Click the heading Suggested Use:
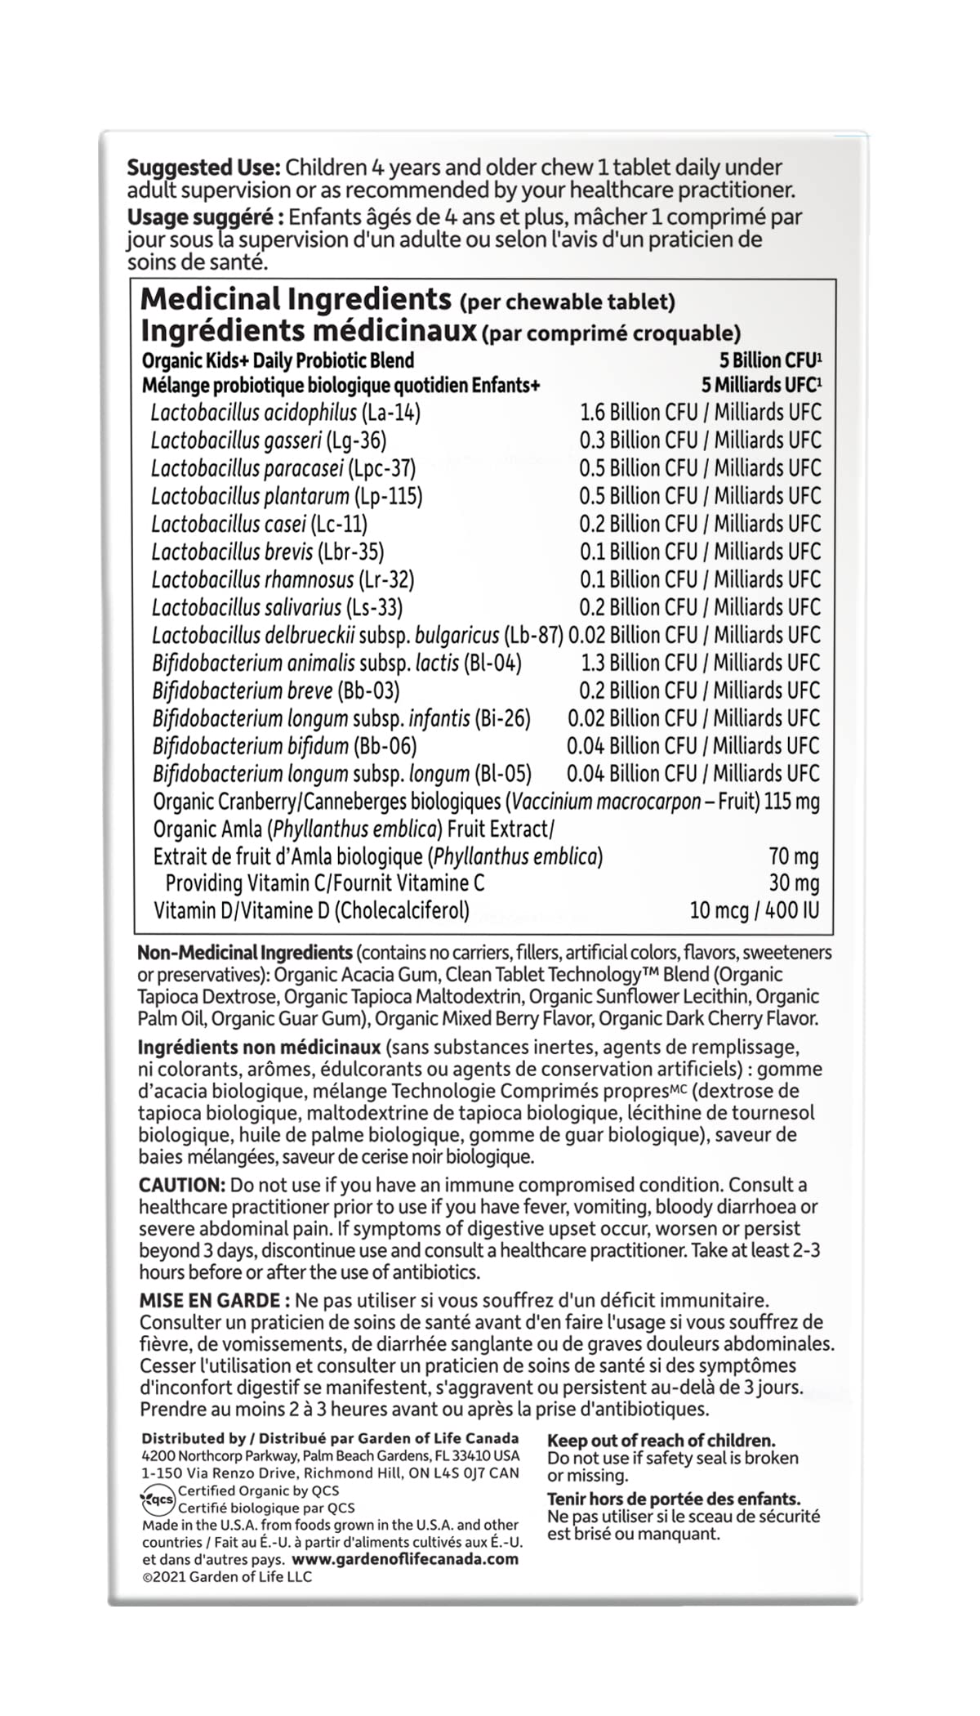pyautogui.click(x=203, y=168)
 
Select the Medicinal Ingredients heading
pyautogui.click(x=296, y=300)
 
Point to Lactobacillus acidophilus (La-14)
pyautogui.click(x=286, y=413)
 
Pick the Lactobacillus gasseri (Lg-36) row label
pyautogui.click(x=269, y=440)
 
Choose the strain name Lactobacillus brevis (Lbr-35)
pyautogui.click(x=268, y=552)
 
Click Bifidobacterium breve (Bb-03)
pyautogui.click(x=276, y=690)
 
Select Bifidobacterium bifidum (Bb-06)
pyautogui.click(x=284, y=746)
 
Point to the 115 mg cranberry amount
pyautogui.click(x=791, y=802)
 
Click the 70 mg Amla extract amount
pyautogui.click(x=793, y=856)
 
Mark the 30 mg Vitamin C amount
pyautogui.click(x=794, y=883)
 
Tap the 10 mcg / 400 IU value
pyautogui.click(x=754, y=910)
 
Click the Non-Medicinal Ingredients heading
pyautogui.click(x=245, y=953)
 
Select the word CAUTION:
pyautogui.click(x=181, y=1185)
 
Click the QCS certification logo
pyautogui.click(x=158, y=1499)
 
